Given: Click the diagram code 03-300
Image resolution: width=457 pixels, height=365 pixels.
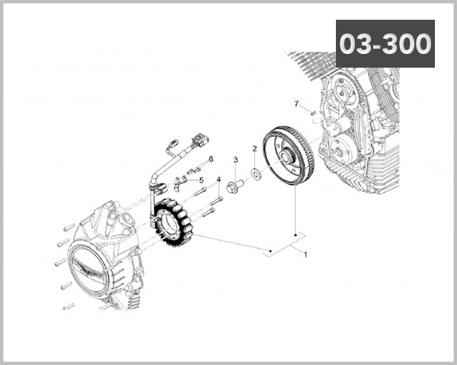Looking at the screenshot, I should click(385, 43).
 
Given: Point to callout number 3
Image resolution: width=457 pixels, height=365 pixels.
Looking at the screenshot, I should click(236, 160).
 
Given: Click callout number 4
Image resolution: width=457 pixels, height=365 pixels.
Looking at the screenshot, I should click(219, 180).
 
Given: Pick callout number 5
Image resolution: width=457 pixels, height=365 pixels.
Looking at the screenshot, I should click(202, 180).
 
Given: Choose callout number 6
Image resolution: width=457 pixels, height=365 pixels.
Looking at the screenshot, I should click(210, 159).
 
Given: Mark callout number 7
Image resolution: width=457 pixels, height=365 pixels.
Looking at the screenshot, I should click(296, 103).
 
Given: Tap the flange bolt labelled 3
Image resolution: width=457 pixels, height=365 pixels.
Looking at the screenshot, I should click(235, 183).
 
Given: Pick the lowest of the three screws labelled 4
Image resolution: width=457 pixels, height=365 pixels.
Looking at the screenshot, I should click(213, 208).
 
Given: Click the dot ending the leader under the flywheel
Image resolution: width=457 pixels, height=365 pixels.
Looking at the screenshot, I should click(296, 233).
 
